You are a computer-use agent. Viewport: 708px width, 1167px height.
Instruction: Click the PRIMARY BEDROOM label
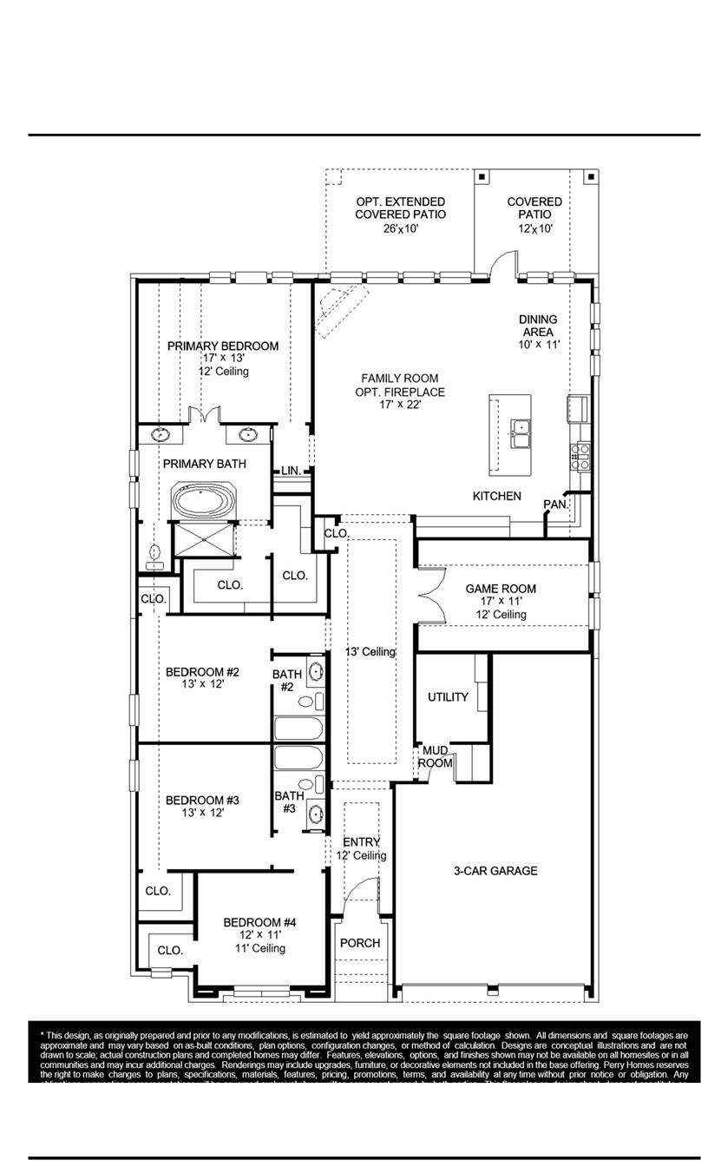pyautogui.click(x=223, y=346)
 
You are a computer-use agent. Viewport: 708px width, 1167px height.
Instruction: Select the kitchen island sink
pyautogui.click(x=521, y=432)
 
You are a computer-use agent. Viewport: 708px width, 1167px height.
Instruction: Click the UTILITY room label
pyautogui.click(x=448, y=697)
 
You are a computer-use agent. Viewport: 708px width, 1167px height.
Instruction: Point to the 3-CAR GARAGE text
pyautogui.click(x=495, y=871)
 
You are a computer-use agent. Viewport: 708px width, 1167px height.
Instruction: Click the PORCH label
pyautogui.click(x=359, y=943)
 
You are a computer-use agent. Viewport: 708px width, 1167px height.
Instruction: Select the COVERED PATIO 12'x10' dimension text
pyautogui.click(x=534, y=228)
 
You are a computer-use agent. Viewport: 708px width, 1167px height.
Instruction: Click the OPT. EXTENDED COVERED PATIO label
pyautogui.click(x=401, y=208)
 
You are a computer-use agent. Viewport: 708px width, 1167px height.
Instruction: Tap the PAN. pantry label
pyautogui.click(x=555, y=504)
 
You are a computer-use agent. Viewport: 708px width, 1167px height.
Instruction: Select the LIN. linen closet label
pyautogui.click(x=291, y=471)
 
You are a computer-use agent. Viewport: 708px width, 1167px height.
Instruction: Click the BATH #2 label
pyautogui.click(x=287, y=680)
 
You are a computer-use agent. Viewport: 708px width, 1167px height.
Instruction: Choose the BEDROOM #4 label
pyautogui.click(x=260, y=922)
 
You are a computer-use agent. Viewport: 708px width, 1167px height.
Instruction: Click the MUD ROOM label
pyautogui.click(x=435, y=756)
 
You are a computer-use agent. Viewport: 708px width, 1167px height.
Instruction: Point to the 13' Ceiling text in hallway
pyautogui.click(x=370, y=652)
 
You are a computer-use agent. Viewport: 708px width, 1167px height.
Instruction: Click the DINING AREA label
pyautogui.click(x=538, y=326)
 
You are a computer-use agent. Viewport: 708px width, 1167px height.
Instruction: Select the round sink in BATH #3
pyautogui.click(x=317, y=814)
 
